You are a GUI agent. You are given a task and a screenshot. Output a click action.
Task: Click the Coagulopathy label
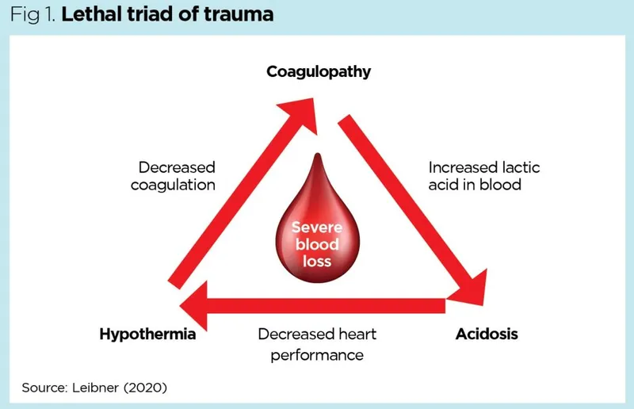pos(319,72)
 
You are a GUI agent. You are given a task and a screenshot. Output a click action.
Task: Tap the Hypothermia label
pos(147,334)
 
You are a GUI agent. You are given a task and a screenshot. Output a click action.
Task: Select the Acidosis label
pos(487,334)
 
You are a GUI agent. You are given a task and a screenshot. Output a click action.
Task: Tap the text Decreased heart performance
pos(317,344)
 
